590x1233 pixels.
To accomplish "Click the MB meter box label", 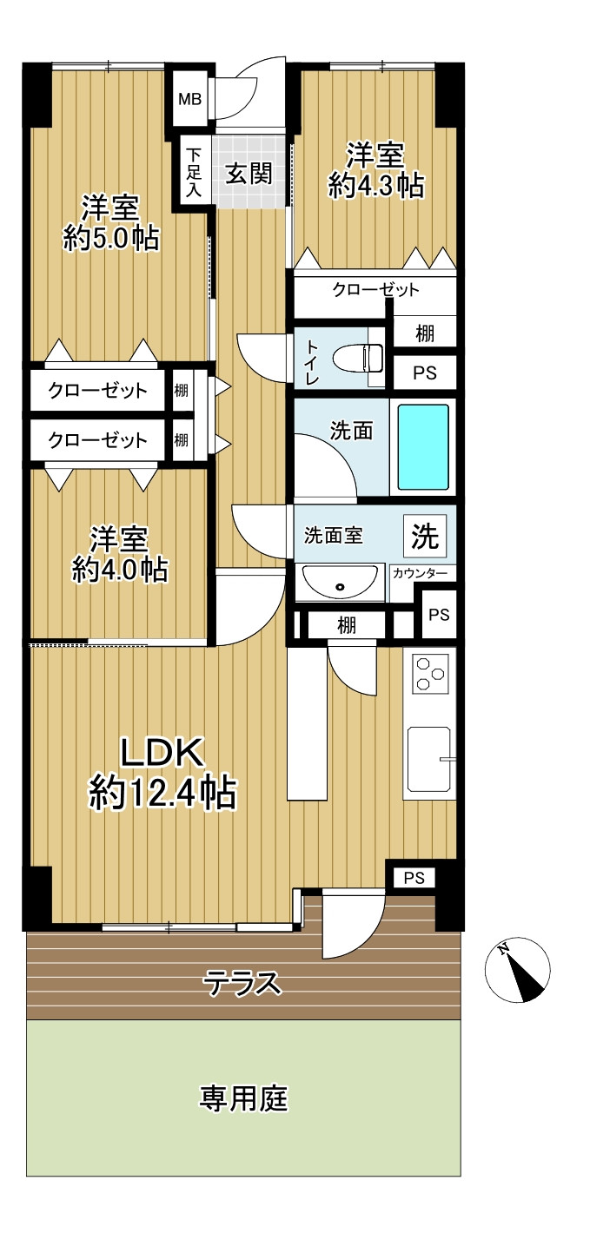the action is click(x=190, y=100).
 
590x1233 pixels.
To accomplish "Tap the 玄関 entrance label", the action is click(x=249, y=174).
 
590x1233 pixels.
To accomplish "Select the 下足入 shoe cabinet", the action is click(x=194, y=172).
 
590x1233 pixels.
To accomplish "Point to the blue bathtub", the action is click(x=423, y=447).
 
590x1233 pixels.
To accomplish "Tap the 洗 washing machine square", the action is click(x=425, y=535).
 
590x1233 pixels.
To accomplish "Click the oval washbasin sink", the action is click(x=340, y=582).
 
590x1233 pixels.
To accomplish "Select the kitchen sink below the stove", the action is click(x=429, y=759).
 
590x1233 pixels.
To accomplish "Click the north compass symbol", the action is click(x=517, y=970).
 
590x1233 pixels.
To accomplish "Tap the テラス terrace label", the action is click(x=242, y=983).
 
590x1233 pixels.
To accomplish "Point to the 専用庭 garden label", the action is click(x=243, y=1098).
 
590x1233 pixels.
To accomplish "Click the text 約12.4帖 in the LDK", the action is click(x=163, y=793).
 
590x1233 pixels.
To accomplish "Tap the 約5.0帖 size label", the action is click(x=111, y=239).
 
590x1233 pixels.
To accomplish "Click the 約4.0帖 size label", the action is click(x=120, y=570).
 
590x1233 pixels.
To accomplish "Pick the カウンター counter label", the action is click(x=420, y=574).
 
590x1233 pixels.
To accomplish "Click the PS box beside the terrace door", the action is click(x=414, y=878).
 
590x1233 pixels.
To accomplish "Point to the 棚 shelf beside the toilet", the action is click(x=425, y=333).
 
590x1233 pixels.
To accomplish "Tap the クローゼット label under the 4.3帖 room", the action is click(x=375, y=289).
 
